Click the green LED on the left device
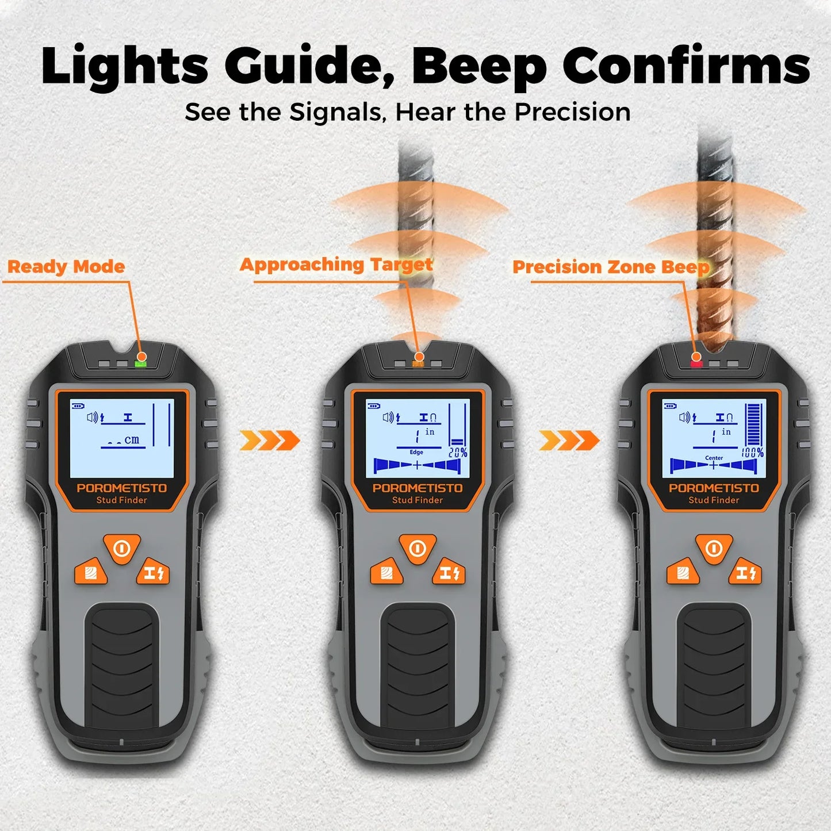click(140, 363)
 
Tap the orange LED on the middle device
click(419, 363)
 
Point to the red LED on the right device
click(696, 363)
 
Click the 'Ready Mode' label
click(66, 267)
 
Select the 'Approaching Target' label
click(336, 265)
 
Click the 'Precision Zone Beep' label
click(611, 267)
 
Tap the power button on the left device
click(121, 548)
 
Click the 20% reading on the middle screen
click(458, 453)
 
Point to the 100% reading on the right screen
click(753, 453)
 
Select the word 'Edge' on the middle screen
click(416, 452)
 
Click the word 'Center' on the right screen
click(714, 458)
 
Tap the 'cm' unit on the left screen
click(132, 439)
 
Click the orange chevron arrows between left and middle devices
click(270, 441)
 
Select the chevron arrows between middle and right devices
click(569, 441)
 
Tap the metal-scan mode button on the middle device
click(449, 573)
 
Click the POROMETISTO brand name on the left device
click(122, 488)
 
